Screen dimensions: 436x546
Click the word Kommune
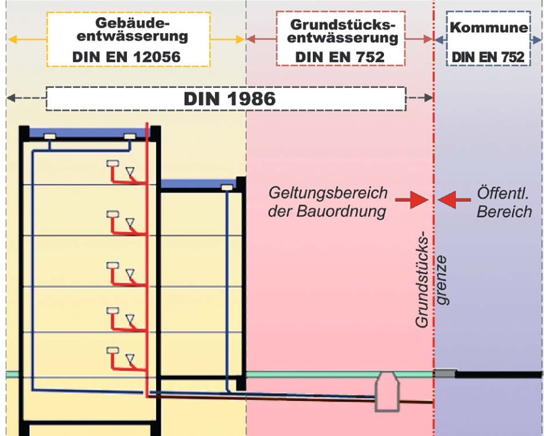(x=488, y=27)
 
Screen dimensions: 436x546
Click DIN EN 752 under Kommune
(x=488, y=56)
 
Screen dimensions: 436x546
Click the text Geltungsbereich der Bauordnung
(x=328, y=202)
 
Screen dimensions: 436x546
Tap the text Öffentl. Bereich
(x=504, y=202)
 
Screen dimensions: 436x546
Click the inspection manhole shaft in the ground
(x=386, y=392)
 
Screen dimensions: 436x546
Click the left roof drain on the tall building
(x=50, y=137)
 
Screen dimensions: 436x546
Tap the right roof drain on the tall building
(x=131, y=137)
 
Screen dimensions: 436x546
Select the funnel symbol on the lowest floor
(x=130, y=359)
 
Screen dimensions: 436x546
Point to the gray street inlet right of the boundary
(x=445, y=373)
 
